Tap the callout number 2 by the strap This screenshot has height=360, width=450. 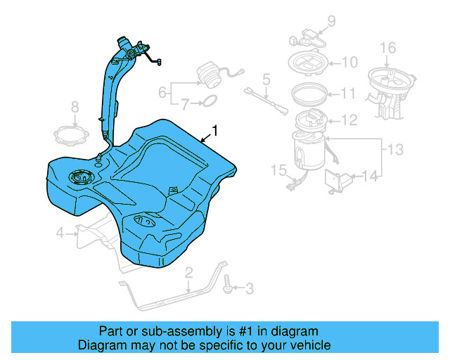[188, 272]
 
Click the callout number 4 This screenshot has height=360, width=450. [60, 233]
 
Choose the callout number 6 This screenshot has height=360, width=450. [162, 92]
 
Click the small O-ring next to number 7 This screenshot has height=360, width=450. [208, 104]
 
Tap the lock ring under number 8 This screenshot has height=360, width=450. [74, 134]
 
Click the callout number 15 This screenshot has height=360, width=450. [278, 169]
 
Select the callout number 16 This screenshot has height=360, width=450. [388, 48]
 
